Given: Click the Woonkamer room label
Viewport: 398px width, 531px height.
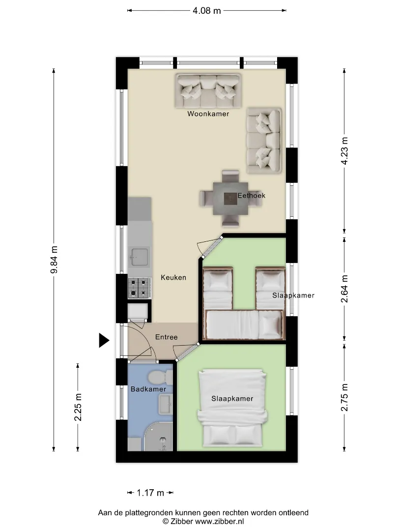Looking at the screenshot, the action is pyautogui.click(x=208, y=114).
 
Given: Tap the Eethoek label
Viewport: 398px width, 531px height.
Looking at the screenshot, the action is pyautogui.click(x=252, y=195).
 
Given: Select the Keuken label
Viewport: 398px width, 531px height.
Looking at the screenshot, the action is pyautogui.click(x=173, y=277).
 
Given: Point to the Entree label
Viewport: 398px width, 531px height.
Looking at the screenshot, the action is pyautogui.click(x=166, y=337).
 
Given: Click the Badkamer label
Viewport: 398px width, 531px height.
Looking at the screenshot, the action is pyautogui.click(x=148, y=389).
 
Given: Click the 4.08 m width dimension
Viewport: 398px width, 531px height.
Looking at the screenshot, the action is pyautogui.click(x=207, y=11).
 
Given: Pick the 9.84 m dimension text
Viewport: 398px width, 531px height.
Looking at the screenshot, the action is pyautogui.click(x=54, y=260).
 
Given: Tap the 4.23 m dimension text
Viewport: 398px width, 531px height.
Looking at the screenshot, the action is pyautogui.click(x=344, y=151).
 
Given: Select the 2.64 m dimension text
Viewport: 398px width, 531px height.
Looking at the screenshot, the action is pyautogui.click(x=344, y=289).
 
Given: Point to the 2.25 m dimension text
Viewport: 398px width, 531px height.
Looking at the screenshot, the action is pyautogui.click(x=78, y=408).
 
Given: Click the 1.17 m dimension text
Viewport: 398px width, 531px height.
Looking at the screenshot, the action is pyautogui.click(x=150, y=493).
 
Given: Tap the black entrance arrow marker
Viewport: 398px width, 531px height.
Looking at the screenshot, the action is pyautogui.click(x=104, y=340).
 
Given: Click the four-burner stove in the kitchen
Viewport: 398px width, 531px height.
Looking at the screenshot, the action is pyautogui.click(x=140, y=288).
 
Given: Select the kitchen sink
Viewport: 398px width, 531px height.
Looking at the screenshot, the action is pyautogui.click(x=140, y=257).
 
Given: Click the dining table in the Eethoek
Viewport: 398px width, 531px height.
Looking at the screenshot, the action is pyautogui.click(x=230, y=199).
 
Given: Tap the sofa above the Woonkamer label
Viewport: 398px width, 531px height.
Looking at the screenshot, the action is pyautogui.click(x=208, y=91).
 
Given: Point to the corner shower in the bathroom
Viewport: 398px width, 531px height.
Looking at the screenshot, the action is pyautogui.click(x=158, y=437).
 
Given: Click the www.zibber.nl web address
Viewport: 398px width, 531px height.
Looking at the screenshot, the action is pyautogui.click(x=219, y=522).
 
